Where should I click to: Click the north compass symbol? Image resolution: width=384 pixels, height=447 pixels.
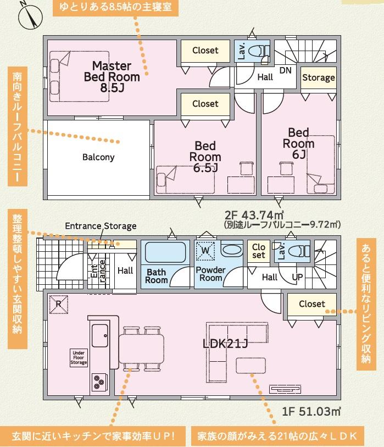pyautogui.click(x=30, y=16)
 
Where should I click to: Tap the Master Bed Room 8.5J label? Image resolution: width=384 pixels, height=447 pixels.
pyautogui.click(x=112, y=76)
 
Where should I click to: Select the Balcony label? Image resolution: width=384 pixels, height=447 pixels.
pyautogui.click(x=98, y=157)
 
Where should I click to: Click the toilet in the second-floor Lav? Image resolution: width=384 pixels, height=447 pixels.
pyautogui.click(x=258, y=51)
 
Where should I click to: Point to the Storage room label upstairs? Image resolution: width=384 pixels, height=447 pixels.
pyautogui.click(x=319, y=78)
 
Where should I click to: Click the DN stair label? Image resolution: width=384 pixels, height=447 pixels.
pyautogui.click(x=286, y=70)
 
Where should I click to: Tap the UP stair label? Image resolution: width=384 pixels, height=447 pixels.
pyautogui.click(x=297, y=277)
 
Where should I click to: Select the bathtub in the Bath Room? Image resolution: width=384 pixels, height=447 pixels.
pyautogui.click(x=165, y=252)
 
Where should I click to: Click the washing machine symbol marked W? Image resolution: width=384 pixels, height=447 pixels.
pyautogui.click(x=205, y=251)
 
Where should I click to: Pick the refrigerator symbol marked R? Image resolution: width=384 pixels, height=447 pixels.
pyautogui.click(x=58, y=305)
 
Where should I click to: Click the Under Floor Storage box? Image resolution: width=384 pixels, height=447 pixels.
pyautogui.click(x=79, y=357)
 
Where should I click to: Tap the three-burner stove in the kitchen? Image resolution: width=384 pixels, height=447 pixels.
pyautogui.click(x=99, y=382)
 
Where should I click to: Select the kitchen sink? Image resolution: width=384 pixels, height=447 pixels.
pyautogui.click(x=100, y=335)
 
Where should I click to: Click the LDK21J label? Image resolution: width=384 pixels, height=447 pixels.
pyautogui.click(x=225, y=344)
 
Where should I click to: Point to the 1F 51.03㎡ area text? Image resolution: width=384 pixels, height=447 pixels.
pyautogui.click(x=311, y=411)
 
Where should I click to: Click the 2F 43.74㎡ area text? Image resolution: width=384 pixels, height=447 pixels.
pyautogui.click(x=254, y=214)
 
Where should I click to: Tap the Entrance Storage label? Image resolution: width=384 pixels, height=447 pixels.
pyautogui.click(x=101, y=226)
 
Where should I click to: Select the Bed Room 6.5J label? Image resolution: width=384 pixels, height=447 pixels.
pyautogui.click(x=205, y=157)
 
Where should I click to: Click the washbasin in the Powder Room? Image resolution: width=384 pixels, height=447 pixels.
pyautogui.click(x=232, y=250)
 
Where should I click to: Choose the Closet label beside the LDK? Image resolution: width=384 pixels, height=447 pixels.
pyautogui.click(x=312, y=304)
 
